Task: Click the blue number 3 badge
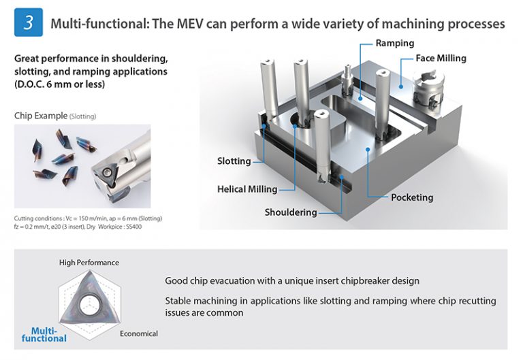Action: (x=28, y=23)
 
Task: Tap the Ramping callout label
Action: (x=395, y=43)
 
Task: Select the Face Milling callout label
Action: (x=441, y=59)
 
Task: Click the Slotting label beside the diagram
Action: (x=234, y=161)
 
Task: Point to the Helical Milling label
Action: (x=247, y=189)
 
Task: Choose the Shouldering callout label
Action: (x=291, y=212)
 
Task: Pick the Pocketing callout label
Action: (x=412, y=197)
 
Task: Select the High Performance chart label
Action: (x=89, y=263)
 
